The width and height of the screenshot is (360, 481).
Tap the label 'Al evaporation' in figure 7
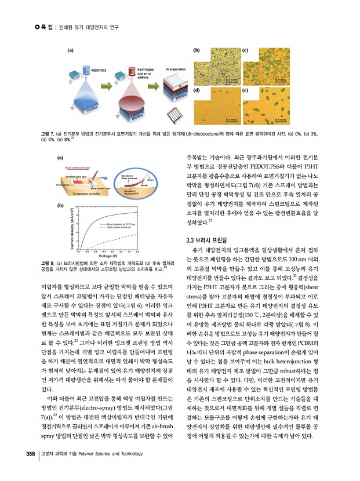click(179, 68)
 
